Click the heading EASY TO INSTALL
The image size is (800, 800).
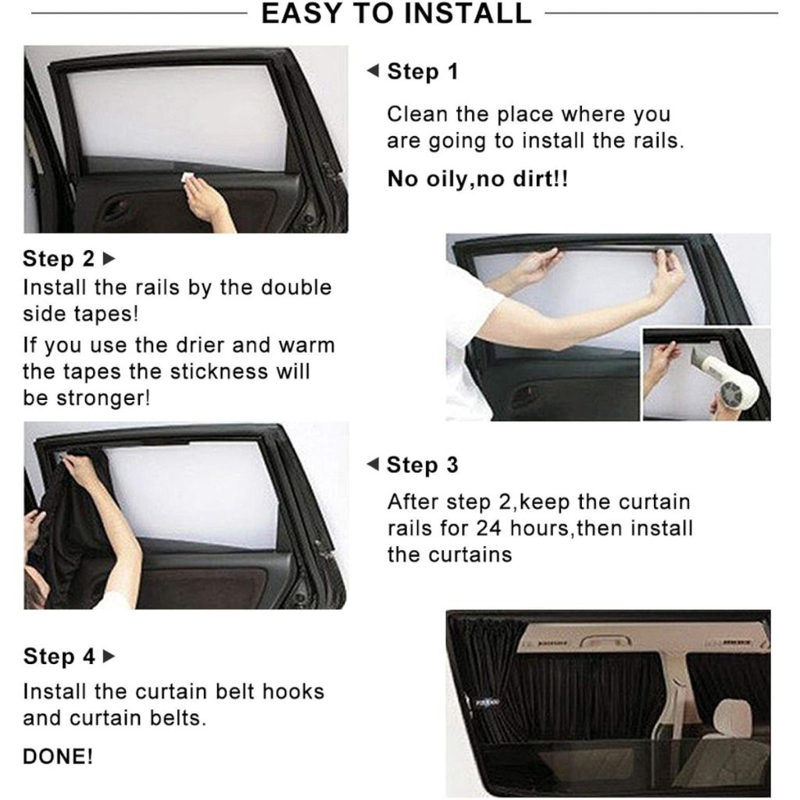(x=396, y=13)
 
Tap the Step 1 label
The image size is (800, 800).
(x=423, y=71)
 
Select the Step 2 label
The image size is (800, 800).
(x=59, y=259)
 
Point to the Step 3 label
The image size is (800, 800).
(x=423, y=465)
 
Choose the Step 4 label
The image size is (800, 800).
(x=59, y=656)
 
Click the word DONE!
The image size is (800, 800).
(x=58, y=756)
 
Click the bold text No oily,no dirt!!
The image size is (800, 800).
(x=477, y=179)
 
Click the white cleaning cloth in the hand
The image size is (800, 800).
(x=187, y=177)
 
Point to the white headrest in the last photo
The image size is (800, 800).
(x=733, y=719)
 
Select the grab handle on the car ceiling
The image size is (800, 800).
(x=605, y=641)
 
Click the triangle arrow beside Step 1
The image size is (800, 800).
(x=373, y=70)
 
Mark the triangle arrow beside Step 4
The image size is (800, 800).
(x=109, y=656)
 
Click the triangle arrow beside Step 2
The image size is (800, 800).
(x=109, y=259)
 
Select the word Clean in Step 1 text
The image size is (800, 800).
(x=417, y=114)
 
